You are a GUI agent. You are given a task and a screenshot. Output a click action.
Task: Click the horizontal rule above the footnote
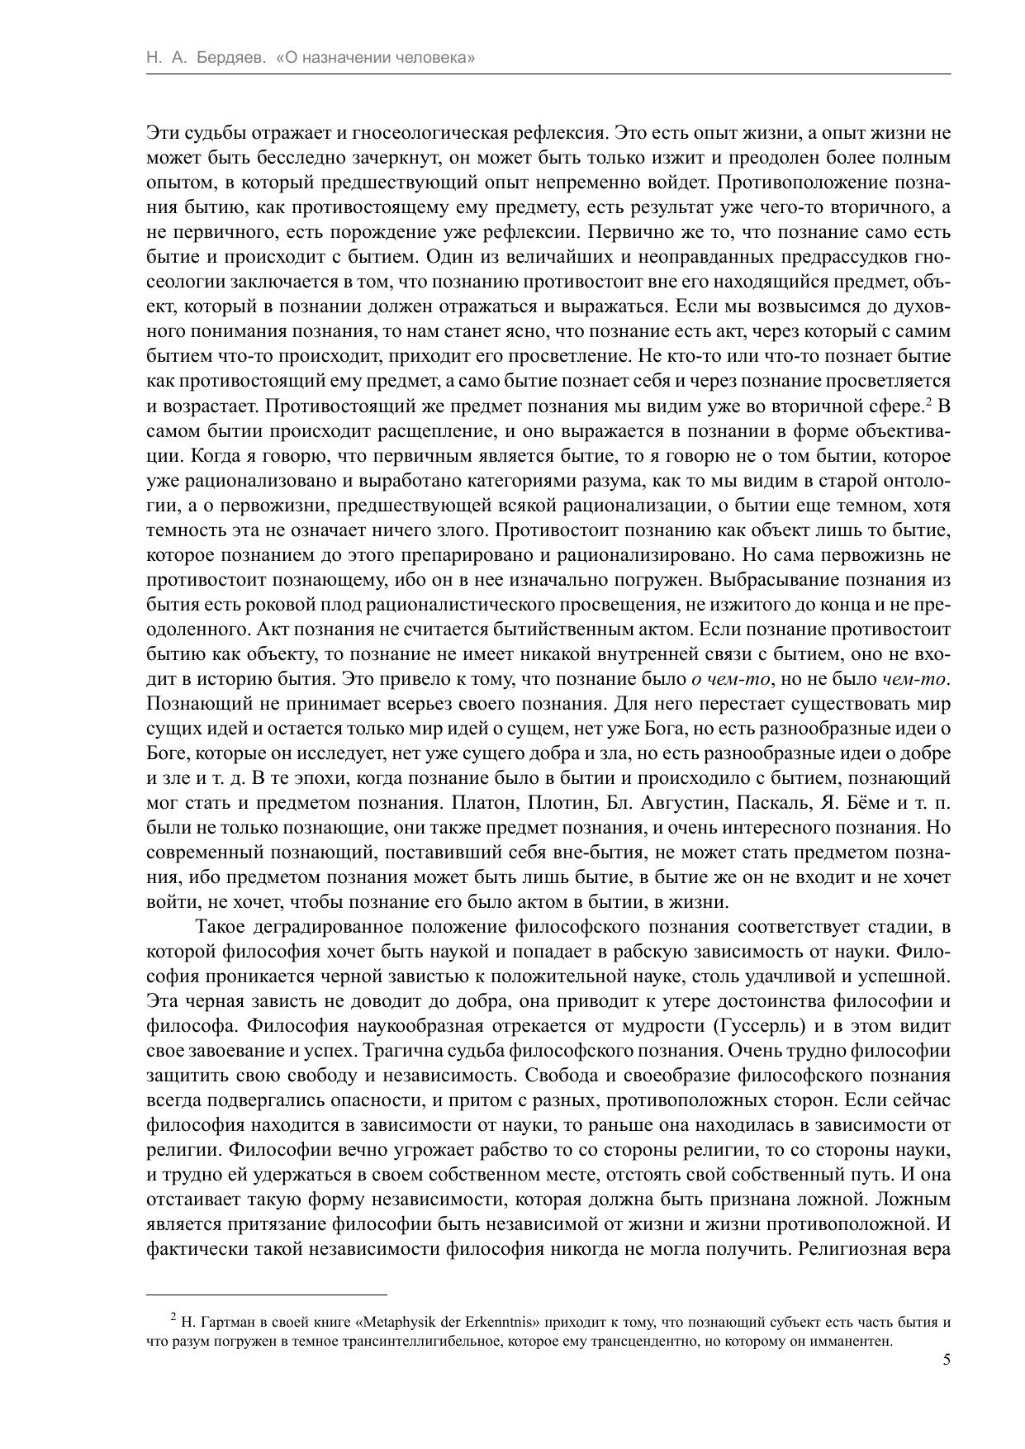click(267, 1295)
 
